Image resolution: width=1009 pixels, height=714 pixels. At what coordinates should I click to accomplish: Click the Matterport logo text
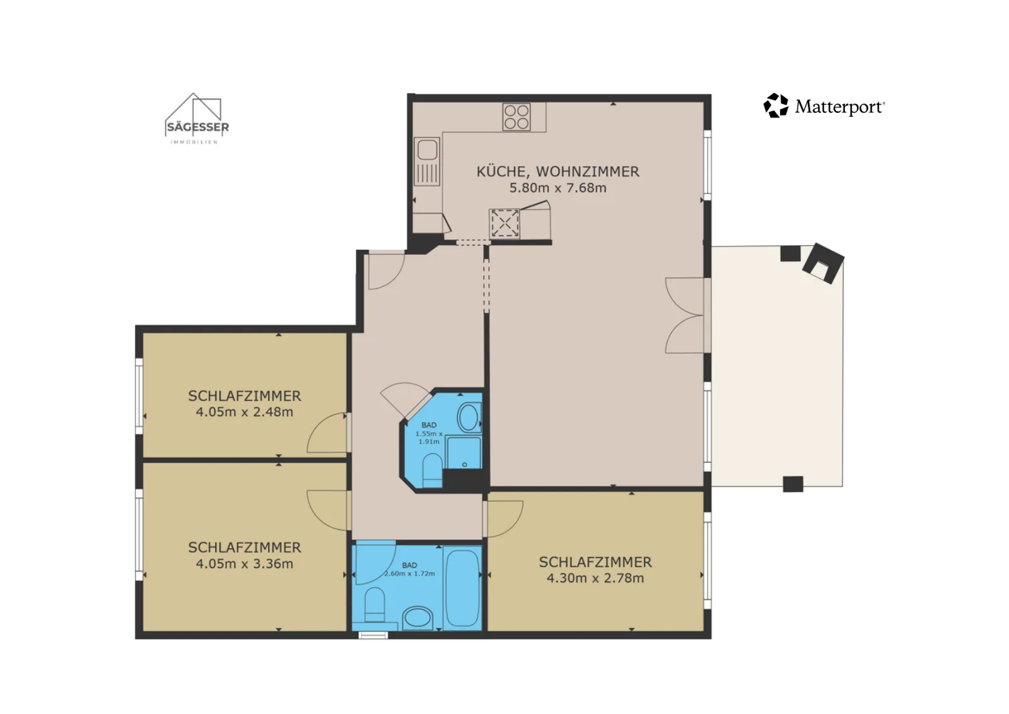click(839, 107)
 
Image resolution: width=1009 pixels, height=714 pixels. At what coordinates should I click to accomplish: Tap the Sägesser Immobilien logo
click(197, 119)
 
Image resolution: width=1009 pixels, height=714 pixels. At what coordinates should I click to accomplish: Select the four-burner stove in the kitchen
click(516, 117)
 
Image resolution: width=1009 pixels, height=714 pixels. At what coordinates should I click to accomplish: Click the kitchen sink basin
click(427, 150)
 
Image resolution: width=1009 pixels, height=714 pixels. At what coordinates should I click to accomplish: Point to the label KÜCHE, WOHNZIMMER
click(557, 172)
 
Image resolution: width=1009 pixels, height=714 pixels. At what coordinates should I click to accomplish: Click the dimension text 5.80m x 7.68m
click(557, 188)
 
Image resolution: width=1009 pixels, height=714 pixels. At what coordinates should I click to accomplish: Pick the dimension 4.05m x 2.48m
click(245, 412)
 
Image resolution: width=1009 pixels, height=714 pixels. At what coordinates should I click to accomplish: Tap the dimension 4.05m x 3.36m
click(245, 563)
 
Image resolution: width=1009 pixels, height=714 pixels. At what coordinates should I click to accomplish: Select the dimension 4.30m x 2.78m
click(595, 578)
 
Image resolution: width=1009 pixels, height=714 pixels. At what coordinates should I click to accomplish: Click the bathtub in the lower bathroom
click(462, 588)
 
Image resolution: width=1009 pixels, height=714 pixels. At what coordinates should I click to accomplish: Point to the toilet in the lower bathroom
click(375, 605)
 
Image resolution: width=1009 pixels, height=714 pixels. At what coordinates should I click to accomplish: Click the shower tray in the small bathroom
click(464, 452)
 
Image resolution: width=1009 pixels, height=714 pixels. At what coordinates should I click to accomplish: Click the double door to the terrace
click(685, 315)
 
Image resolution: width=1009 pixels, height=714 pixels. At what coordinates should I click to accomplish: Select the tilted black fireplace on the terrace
click(823, 263)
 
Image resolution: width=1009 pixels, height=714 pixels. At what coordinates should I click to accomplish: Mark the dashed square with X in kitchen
click(504, 223)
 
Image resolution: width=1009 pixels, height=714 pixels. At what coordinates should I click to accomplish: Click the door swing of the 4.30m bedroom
click(504, 519)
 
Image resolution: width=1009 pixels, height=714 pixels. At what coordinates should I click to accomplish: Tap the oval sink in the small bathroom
click(469, 418)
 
